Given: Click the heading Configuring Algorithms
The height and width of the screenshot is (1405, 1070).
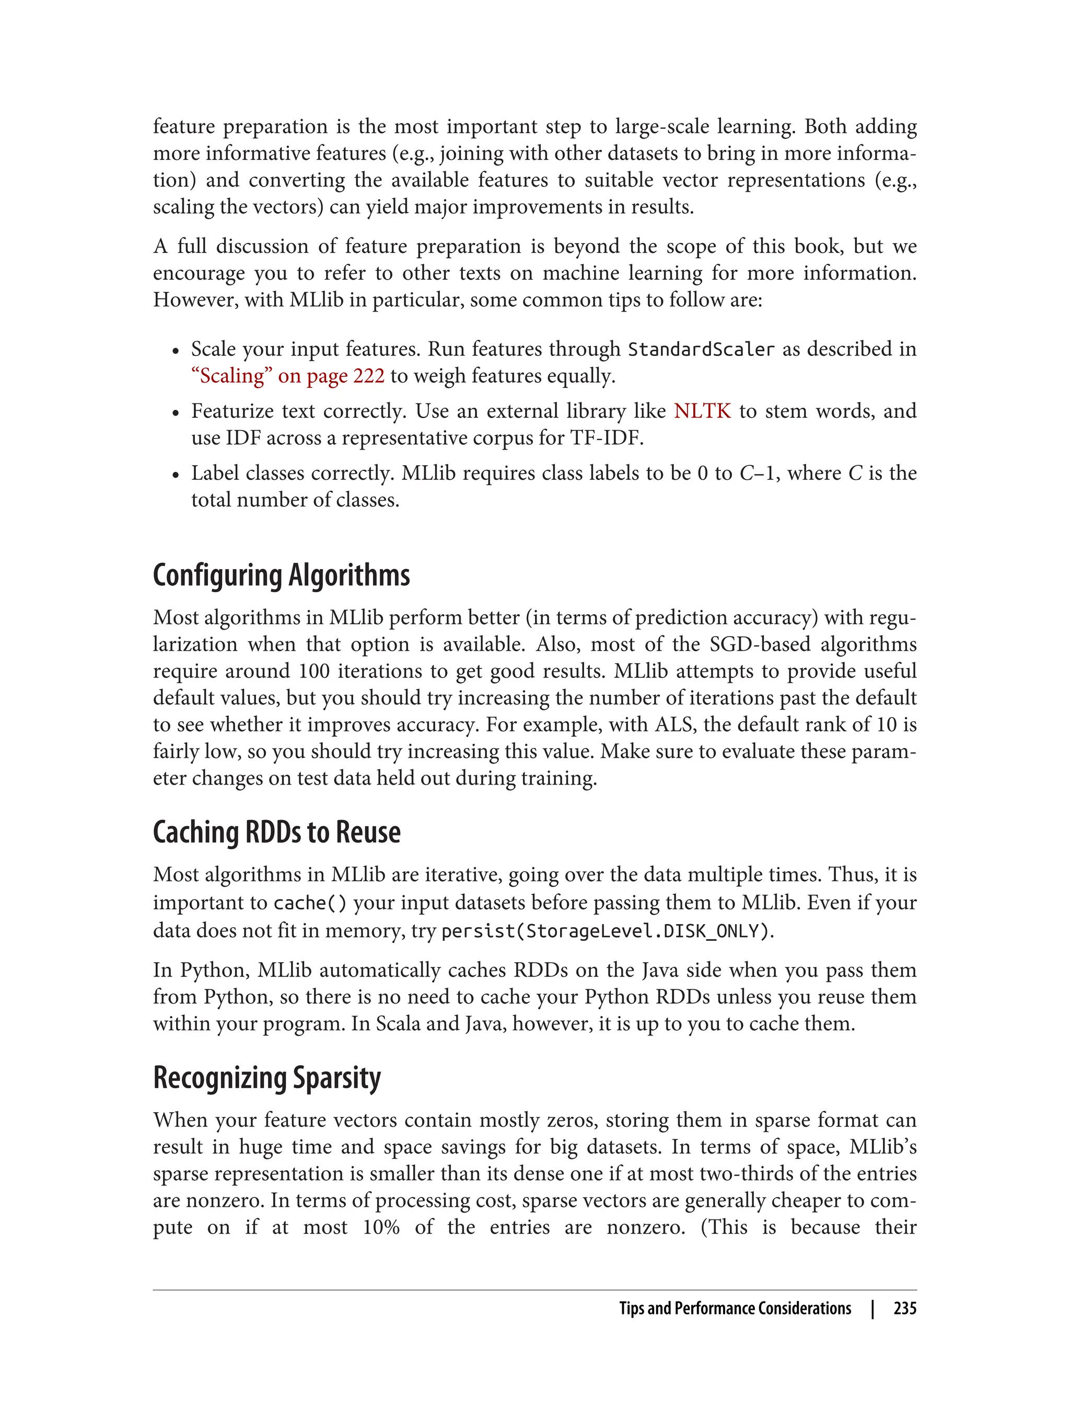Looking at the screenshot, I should pyautogui.click(x=281, y=575).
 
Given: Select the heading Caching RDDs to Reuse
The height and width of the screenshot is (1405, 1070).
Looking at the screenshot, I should pyautogui.click(x=276, y=832).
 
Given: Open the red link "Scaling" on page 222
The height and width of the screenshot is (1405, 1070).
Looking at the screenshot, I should pyautogui.click(x=288, y=376).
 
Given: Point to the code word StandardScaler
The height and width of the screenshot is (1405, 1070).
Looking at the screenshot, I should pyautogui.click(x=701, y=350).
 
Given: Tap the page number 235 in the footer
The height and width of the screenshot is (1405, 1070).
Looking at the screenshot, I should pyautogui.click(x=904, y=1308).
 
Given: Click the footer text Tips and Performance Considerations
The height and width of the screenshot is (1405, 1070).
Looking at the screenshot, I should pyautogui.click(x=735, y=1308).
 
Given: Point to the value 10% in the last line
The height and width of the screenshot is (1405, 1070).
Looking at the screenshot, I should pyautogui.click(x=381, y=1227).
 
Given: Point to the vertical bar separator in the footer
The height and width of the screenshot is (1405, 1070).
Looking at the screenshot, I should pyautogui.click(x=873, y=1308).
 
